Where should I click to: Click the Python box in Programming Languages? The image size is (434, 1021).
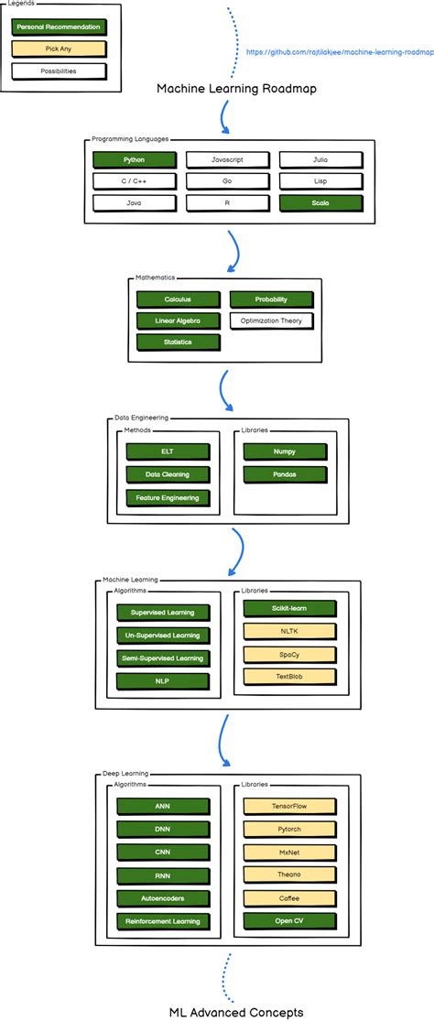[134, 159]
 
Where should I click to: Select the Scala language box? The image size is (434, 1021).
[319, 202]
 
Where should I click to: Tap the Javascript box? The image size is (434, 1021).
[227, 159]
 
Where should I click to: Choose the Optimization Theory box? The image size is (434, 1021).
[271, 320]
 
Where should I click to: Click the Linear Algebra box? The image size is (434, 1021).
[178, 320]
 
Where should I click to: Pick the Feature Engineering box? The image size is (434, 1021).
[168, 497]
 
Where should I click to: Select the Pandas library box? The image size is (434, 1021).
[284, 474]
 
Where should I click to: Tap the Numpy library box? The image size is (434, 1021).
[284, 451]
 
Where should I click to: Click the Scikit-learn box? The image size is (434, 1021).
[289, 608]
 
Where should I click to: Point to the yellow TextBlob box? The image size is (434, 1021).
[289, 677]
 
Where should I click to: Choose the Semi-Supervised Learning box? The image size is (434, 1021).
[162, 658]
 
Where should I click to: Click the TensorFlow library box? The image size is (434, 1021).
[289, 806]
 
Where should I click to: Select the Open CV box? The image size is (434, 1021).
[289, 920]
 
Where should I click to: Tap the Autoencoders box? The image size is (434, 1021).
[162, 898]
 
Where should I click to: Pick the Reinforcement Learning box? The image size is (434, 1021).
[162, 921]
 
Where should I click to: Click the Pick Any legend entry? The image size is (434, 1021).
[59, 49]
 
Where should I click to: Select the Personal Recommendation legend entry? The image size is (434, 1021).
[59, 27]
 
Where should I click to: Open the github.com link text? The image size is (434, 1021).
[339, 52]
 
